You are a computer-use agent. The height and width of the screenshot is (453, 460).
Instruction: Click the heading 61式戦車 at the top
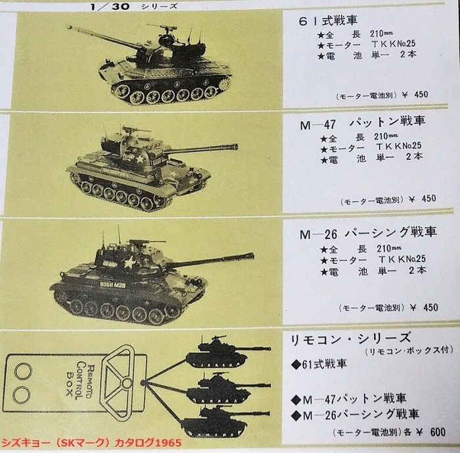(x=328, y=20)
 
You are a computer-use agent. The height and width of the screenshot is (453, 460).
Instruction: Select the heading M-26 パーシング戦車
(x=368, y=233)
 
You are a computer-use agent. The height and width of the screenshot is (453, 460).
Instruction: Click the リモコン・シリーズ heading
(x=350, y=339)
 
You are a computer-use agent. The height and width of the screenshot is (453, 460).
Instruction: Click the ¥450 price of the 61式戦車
(x=415, y=95)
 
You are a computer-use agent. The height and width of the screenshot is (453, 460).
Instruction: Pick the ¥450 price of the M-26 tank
(x=425, y=307)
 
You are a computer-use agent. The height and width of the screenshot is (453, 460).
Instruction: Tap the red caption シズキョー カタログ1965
(x=91, y=442)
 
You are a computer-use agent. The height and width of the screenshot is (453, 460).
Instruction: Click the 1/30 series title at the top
(x=133, y=7)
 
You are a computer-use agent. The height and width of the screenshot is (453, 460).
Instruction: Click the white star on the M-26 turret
(x=129, y=262)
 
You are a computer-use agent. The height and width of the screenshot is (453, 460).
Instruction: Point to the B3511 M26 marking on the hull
(x=112, y=285)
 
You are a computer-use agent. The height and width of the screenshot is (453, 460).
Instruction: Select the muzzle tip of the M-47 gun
(x=235, y=146)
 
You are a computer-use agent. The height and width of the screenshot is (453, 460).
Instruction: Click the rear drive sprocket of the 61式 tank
(x=225, y=85)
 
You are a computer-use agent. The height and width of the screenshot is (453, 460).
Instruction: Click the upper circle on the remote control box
(x=23, y=371)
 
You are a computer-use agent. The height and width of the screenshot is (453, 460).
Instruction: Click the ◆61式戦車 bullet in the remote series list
(x=319, y=365)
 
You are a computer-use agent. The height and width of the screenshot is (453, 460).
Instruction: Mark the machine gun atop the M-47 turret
(x=133, y=129)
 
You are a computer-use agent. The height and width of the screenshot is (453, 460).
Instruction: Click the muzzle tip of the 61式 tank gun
(x=69, y=27)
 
